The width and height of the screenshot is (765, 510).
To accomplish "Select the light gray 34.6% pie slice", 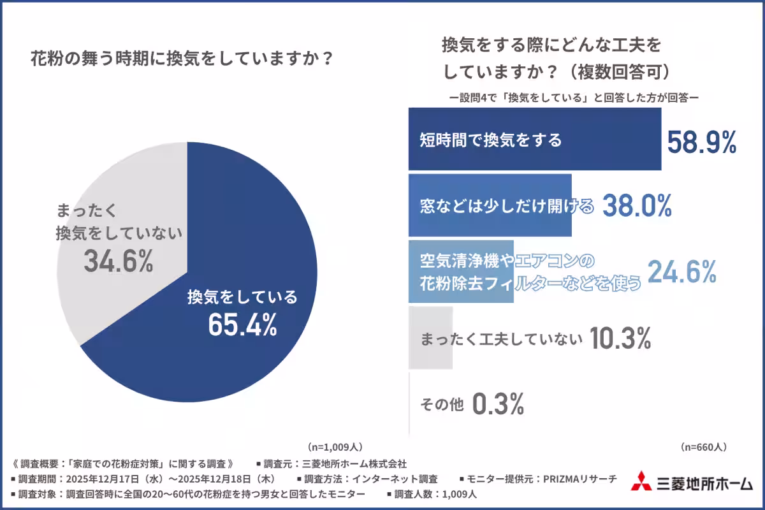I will pos(115,191).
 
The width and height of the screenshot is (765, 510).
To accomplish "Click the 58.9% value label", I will pos(702,143).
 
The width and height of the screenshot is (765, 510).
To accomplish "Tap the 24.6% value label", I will pos(683,272).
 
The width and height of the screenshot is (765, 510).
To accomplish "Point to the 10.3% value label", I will pos(620,339).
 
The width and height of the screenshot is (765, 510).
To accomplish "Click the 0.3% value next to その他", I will pos(498,404).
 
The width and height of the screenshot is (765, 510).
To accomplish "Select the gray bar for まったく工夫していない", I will pos(430,338).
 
